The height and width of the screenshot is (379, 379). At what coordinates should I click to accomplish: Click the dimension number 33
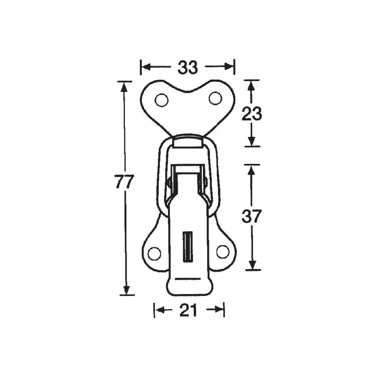point(188,67)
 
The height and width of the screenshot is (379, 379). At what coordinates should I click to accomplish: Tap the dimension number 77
point(124,182)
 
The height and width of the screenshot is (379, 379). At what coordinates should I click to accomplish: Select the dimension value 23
point(252,114)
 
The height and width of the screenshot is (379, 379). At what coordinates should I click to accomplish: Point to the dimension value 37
point(252,216)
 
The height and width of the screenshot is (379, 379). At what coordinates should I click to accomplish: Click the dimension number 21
point(188,311)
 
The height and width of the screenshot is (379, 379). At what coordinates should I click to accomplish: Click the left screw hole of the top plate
point(161,100)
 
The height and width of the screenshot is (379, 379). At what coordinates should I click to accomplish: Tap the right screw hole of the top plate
point(215,99)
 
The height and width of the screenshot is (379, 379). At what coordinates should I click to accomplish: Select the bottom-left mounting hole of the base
point(154,254)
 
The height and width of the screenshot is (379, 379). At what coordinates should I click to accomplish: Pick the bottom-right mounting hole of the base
point(222,251)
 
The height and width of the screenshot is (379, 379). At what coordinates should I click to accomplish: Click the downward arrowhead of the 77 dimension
point(127,290)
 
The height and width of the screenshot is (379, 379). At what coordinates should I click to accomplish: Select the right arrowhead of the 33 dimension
point(230,67)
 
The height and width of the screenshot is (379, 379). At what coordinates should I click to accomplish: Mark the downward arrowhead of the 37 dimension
point(253,265)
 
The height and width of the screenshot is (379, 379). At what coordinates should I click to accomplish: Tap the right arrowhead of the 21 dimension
point(219,310)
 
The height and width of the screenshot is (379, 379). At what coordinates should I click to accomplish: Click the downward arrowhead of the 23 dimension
point(251,141)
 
